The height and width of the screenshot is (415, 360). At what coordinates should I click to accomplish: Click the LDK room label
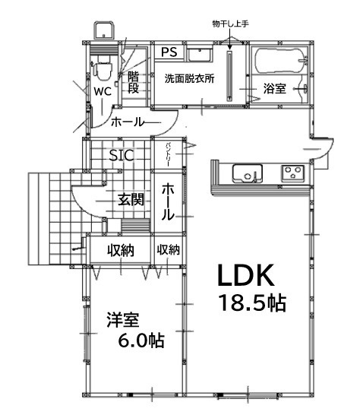[246, 275]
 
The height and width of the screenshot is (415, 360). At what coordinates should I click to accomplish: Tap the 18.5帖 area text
[253, 303]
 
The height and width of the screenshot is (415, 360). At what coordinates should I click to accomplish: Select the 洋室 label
[123, 320]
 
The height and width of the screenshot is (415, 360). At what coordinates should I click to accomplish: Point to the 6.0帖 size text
[141, 341]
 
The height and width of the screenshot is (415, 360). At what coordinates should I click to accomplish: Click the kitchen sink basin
[248, 173]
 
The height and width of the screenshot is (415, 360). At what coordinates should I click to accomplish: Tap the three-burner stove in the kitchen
[293, 173]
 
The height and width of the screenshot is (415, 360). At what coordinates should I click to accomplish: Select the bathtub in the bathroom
[279, 60]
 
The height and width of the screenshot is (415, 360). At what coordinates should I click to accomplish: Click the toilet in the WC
[102, 69]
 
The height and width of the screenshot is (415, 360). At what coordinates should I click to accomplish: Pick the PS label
[169, 52]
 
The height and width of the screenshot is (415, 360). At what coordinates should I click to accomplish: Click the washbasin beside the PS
[199, 54]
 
